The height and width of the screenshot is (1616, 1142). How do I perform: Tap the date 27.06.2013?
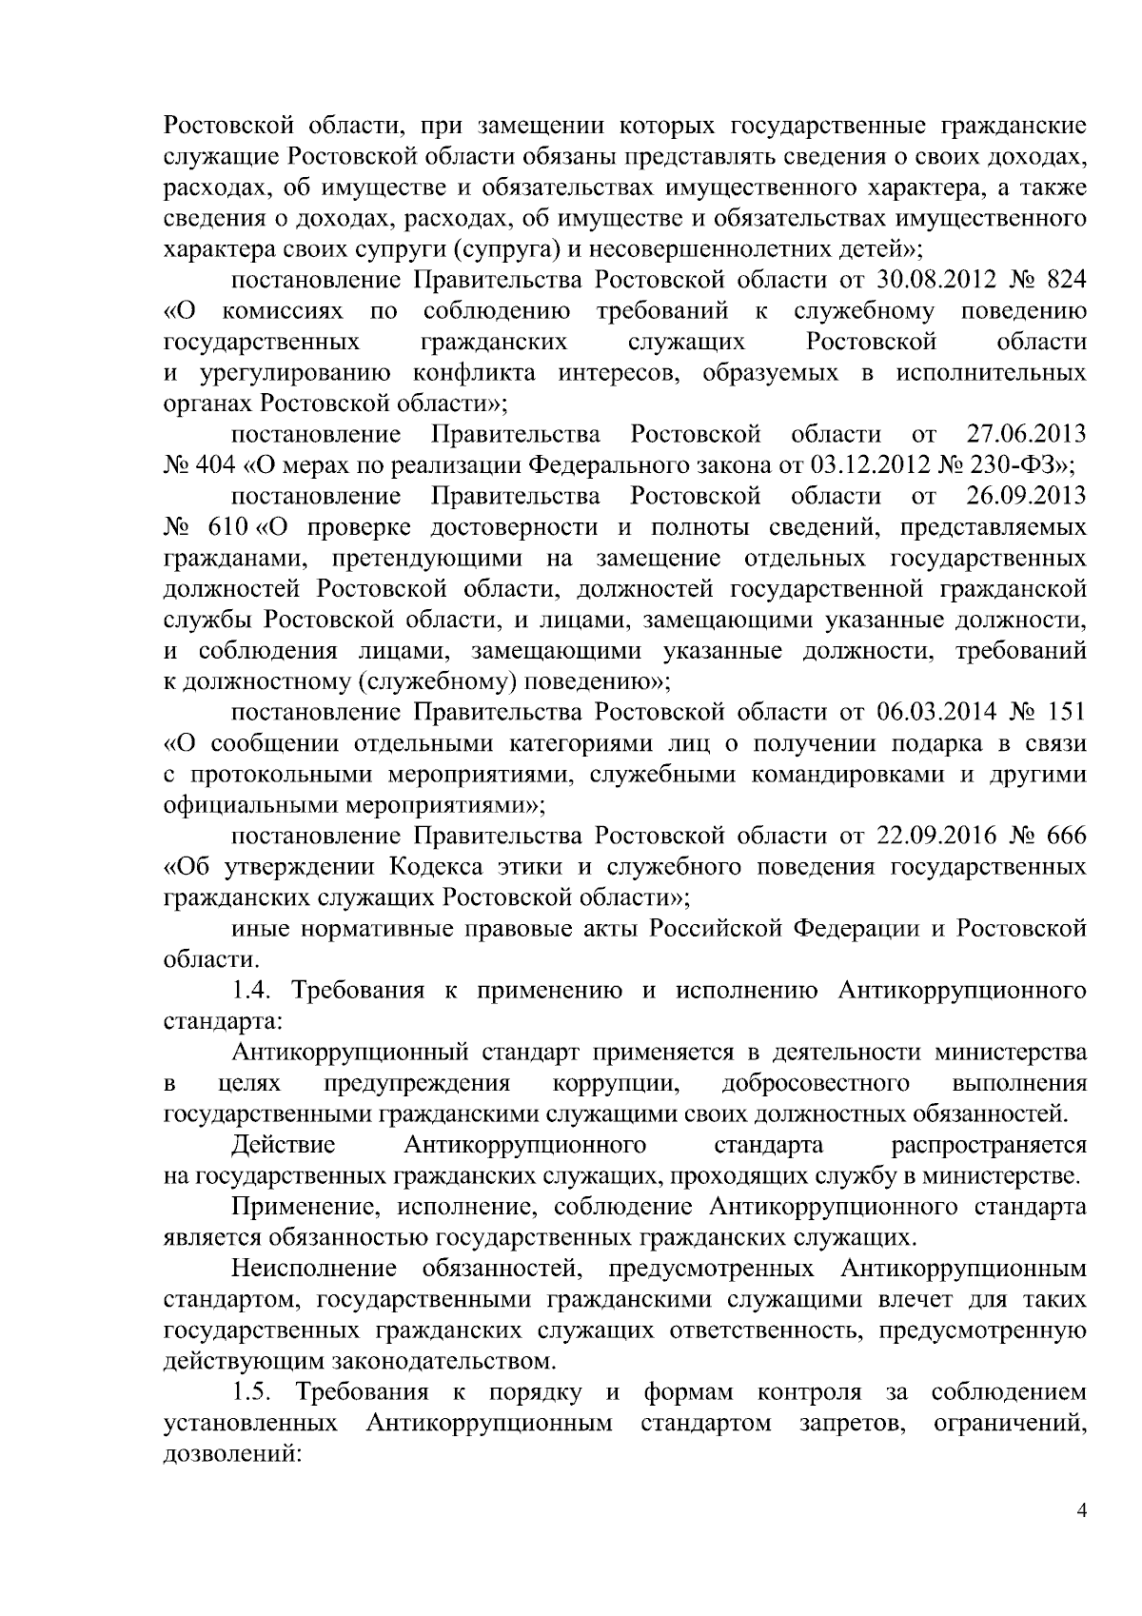(1026, 435)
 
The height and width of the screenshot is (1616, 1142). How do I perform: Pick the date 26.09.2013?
(1026, 497)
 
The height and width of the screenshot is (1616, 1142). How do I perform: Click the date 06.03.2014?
(929, 712)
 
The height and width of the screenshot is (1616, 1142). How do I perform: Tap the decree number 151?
(1066, 712)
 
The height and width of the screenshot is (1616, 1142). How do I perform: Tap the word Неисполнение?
(313, 1269)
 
